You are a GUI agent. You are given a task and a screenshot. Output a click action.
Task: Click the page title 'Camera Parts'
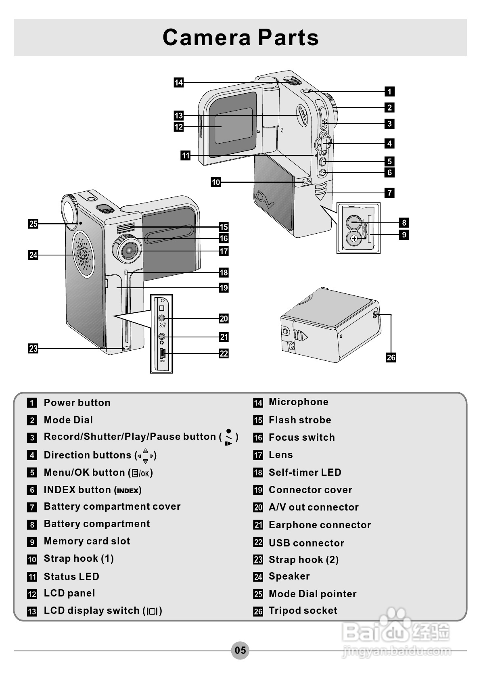[240, 37]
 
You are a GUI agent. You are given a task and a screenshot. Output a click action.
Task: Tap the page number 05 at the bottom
[240, 650]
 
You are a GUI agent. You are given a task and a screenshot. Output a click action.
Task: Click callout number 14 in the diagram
[178, 83]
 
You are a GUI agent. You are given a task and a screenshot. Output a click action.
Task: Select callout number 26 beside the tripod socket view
[391, 358]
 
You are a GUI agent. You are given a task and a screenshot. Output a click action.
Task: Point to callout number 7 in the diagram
[389, 193]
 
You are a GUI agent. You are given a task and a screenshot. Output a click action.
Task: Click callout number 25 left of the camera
[33, 224]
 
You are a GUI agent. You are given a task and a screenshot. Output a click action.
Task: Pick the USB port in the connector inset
[162, 354]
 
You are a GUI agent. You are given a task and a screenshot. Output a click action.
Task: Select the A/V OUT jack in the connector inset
[162, 318]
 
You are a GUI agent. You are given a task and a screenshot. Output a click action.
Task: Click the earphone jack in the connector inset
[162, 336]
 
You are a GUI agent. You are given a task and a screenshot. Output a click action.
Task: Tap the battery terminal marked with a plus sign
[354, 239]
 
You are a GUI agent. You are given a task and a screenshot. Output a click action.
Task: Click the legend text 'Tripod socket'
[303, 611]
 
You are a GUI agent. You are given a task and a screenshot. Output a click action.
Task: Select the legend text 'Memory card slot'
[87, 541]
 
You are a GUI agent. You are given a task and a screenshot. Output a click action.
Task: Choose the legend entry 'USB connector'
[306, 543]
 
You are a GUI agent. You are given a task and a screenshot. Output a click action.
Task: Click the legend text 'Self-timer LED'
[305, 473]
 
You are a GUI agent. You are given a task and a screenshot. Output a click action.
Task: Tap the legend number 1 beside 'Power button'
[32, 403]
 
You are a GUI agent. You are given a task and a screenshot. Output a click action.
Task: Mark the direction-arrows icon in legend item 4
[145, 456]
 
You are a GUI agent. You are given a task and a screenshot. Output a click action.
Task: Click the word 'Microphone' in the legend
[298, 402]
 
